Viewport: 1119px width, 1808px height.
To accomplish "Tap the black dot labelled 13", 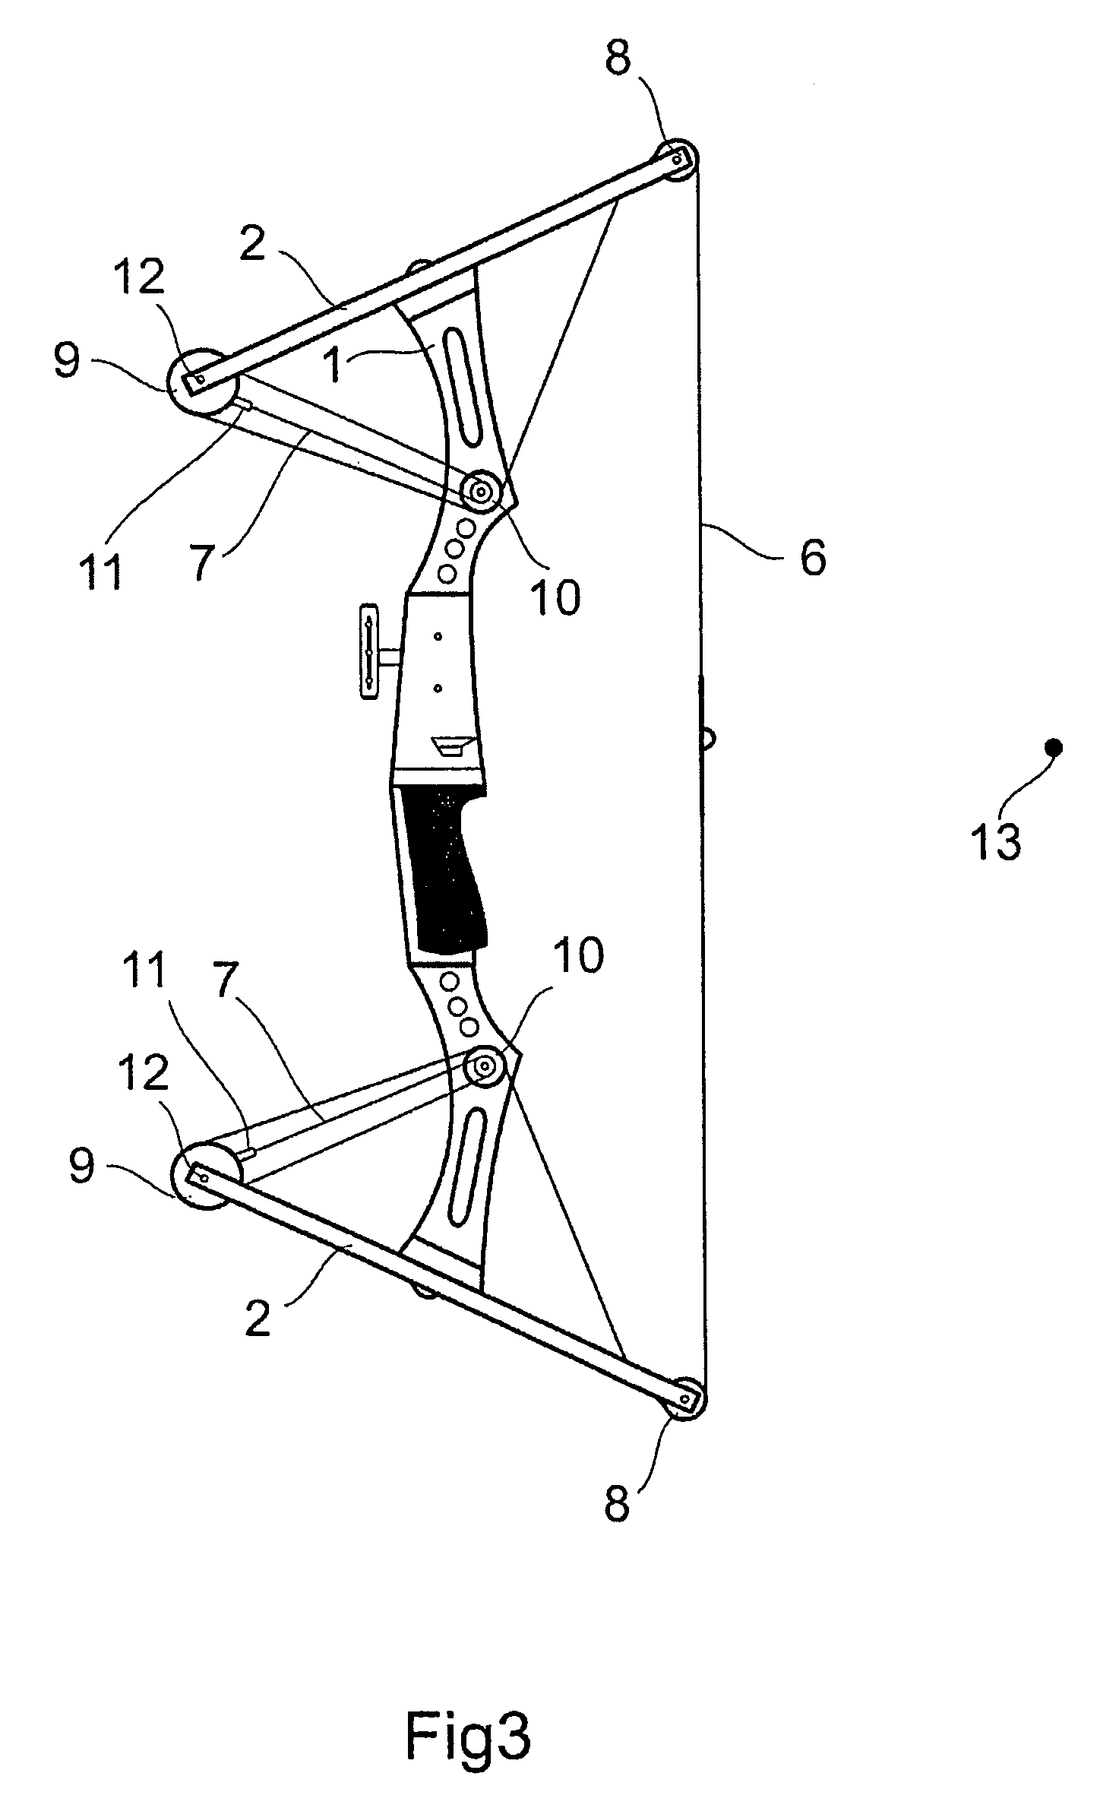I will coord(1054,747).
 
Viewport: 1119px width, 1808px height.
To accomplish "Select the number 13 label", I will coord(996,841).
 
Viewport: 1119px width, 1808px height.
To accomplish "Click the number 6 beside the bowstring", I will coord(812,559).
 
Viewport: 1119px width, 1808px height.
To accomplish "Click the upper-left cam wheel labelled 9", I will coord(196,382).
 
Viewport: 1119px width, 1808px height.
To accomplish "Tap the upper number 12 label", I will coord(141,279).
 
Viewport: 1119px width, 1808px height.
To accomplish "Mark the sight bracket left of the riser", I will coord(369,651).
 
